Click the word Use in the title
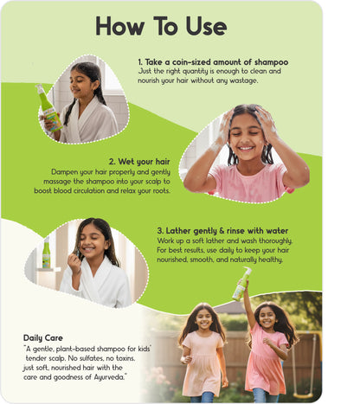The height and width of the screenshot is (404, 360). [x=206, y=26]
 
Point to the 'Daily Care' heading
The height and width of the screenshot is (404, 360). [x=43, y=338]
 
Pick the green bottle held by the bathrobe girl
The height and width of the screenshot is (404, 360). [x=49, y=108]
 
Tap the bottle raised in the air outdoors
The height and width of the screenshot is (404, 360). [x=241, y=284]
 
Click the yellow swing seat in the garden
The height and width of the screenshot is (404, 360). [x=303, y=394]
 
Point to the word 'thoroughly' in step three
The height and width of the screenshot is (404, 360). [x=276, y=240]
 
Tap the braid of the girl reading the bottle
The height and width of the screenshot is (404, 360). [x=69, y=112]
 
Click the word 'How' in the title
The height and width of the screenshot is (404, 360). [x=119, y=26]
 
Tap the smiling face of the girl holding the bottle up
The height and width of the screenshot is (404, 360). [x=267, y=317]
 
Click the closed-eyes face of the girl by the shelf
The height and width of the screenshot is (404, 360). [x=93, y=242]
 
